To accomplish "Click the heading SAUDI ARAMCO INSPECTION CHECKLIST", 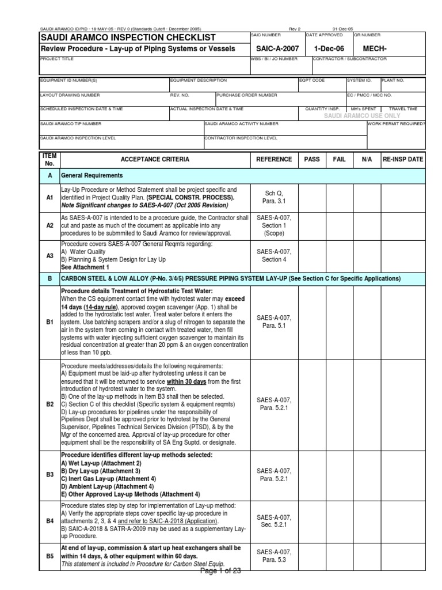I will (127, 37).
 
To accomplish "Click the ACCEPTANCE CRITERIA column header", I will (154, 159).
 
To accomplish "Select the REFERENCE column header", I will (273, 159).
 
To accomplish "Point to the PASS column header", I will (312, 159).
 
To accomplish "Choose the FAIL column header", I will (340, 159).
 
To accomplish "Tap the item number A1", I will (49, 197).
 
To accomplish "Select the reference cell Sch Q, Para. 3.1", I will (273, 197).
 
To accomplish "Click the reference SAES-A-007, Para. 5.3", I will (273, 556).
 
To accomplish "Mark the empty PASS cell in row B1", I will (312, 321).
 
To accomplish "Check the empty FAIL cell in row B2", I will (340, 404).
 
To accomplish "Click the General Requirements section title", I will (93, 175).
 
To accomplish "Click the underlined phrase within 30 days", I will (187, 381).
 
